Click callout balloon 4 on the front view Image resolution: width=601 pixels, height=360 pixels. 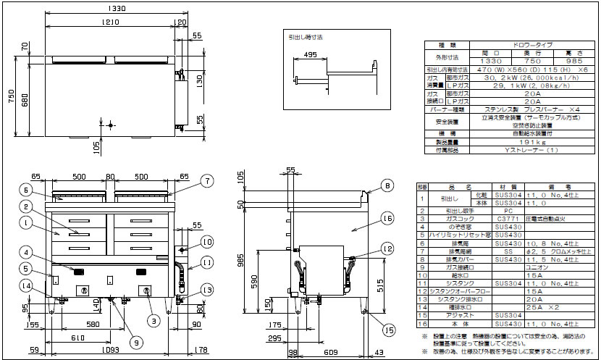[x=26, y=252]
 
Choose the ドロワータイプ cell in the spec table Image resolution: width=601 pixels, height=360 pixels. [x=521, y=45]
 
